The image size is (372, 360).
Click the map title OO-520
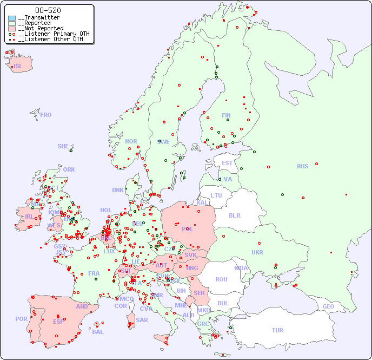(48, 10)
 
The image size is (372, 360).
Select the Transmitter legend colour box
(12, 18)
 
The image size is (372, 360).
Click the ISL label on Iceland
(18, 67)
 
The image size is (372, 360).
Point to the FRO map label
(45, 115)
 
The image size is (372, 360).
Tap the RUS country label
(302, 166)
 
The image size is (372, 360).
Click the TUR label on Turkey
(277, 330)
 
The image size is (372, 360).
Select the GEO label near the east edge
(328, 306)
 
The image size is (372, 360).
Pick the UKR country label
(257, 252)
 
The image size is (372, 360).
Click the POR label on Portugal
(21, 319)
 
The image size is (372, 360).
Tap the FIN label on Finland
(226, 115)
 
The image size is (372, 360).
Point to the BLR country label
(235, 215)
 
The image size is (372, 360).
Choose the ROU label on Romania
(221, 279)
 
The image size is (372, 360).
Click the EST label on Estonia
(227, 163)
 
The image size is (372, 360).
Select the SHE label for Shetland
(63, 146)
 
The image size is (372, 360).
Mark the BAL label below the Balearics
(97, 332)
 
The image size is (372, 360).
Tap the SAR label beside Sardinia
(142, 320)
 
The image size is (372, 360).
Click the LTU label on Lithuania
(216, 195)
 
